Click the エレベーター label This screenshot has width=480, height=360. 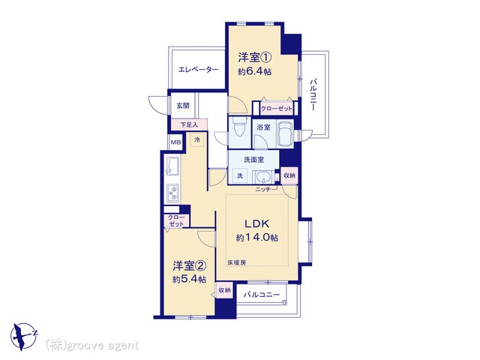click(x=198, y=70)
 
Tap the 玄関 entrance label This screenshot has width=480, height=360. click(x=183, y=106)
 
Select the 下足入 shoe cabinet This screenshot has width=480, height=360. click(x=189, y=124)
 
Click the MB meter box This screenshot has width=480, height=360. click(x=175, y=142)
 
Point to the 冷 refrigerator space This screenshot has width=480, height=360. click(x=197, y=140)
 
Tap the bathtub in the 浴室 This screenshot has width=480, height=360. click(x=285, y=133)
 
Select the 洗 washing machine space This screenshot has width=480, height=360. click(x=240, y=175)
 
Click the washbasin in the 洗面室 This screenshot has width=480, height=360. click(x=263, y=177)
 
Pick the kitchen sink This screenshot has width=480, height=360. click(x=172, y=166)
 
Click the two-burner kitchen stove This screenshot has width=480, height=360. click(x=173, y=193)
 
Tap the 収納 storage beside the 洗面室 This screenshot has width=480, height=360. click(x=289, y=175)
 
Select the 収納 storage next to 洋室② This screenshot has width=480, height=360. click(x=224, y=290)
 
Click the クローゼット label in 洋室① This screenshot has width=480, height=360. click(x=277, y=108)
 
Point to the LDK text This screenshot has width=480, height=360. click(x=256, y=223)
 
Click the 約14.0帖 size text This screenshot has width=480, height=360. click(x=256, y=238)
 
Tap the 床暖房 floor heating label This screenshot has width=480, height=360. click(x=236, y=262)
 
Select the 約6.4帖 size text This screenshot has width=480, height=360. click(x=255, y=72)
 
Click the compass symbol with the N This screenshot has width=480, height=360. click(x=23, y=336)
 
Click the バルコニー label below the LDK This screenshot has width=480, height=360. click(x=262, y=295)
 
